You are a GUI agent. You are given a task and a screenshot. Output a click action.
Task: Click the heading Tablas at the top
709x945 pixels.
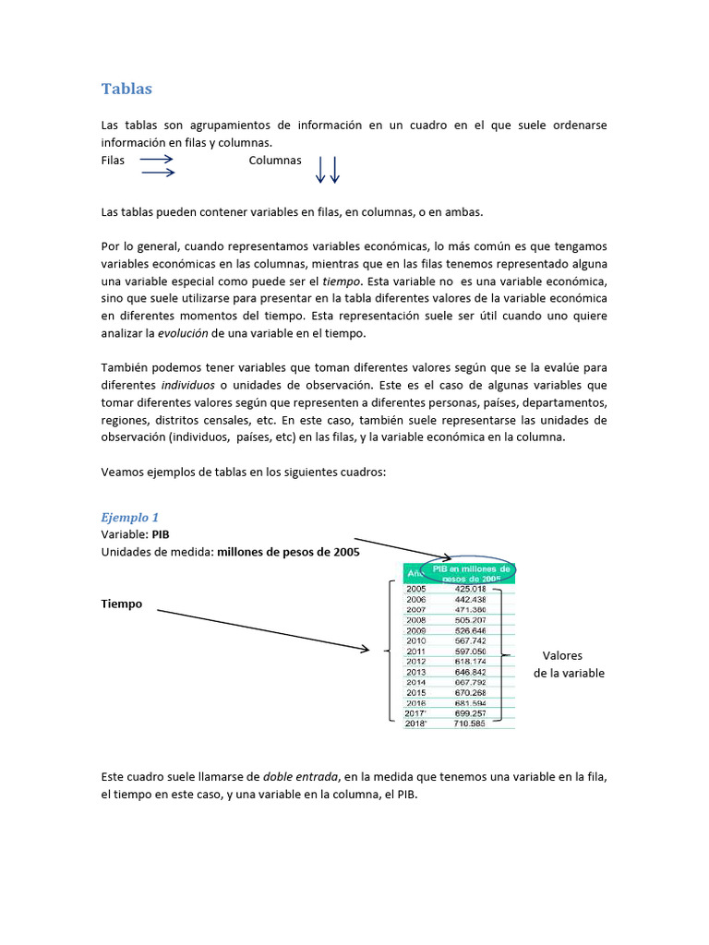pos(126,89)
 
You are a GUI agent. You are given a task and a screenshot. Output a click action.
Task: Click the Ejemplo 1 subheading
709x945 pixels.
pos(129,518)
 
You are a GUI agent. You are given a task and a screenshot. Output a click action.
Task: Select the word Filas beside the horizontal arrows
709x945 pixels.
pos(113,161)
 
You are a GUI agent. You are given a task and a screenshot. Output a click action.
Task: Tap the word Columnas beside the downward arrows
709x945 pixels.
pos(275,161)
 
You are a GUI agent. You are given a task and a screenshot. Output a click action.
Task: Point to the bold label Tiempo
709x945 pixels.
pos(122,604)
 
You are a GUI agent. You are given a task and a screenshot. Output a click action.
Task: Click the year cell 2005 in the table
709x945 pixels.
pos(416,588)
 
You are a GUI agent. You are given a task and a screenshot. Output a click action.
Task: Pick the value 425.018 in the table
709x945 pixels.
pos(471,588)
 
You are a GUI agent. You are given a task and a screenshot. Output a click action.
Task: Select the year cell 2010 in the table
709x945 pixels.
pos(416,640)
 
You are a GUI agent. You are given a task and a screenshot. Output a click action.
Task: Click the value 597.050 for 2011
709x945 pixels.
pos(471,652)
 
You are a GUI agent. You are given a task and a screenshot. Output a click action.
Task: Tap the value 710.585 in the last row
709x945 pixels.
pos(471,724)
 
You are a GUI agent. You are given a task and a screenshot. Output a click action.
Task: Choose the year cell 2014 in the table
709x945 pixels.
pos(416,682)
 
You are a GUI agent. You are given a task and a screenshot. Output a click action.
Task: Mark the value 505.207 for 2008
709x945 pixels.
pos(471,620)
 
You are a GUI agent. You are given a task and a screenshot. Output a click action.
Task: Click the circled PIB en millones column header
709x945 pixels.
pos(471,573)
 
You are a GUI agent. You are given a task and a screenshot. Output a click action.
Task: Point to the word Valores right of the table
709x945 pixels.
pos(562,656)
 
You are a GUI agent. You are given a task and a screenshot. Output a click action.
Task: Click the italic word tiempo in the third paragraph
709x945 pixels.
pos(341,281)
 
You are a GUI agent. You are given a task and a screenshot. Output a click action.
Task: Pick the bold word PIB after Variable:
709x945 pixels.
pos(161,534)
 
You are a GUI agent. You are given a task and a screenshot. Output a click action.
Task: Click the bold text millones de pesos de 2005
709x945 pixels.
pos(288,552)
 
